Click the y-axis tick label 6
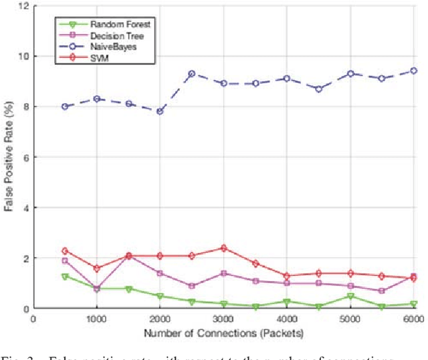pos(25,157)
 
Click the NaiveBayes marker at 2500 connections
pos(192,74)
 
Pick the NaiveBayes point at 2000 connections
pos(160,111)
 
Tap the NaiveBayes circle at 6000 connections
pos(413,71)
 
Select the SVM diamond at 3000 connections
pos(223,248)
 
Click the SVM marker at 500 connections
pos(65,250)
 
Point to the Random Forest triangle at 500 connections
pos(65,276)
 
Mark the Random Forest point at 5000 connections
pos(350,296)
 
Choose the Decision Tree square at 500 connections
pos(65,261)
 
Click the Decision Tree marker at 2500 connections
pos(192,286)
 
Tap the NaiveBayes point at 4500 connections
pos(318,88)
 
